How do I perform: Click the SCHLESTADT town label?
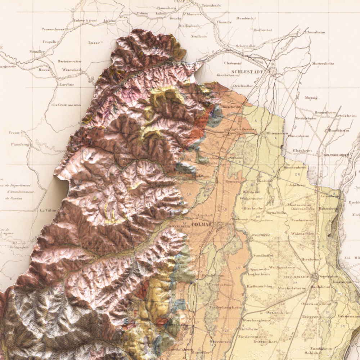248,72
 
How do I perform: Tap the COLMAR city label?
202,225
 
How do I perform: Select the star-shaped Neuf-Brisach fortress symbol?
315,277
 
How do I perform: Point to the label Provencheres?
53,29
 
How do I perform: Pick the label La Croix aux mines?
66,105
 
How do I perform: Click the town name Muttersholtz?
323,63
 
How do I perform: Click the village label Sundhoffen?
263,255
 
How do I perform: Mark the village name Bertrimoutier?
69,61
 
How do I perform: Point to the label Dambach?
245,18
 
